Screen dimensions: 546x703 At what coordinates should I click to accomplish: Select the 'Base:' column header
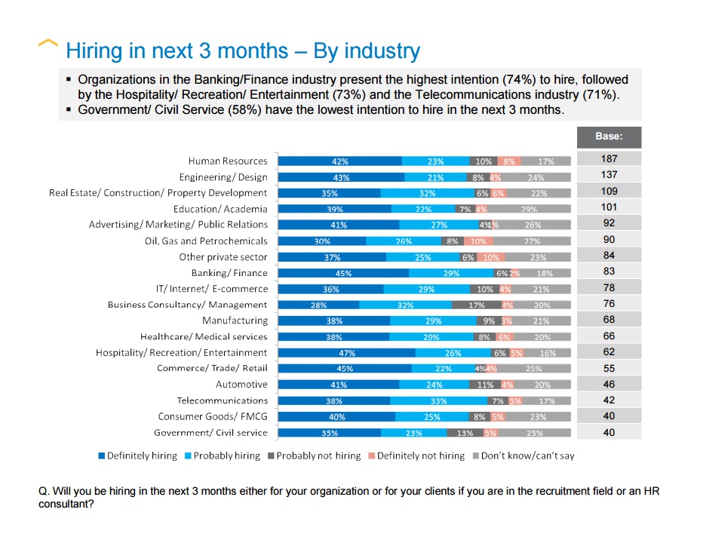[x=609, y=138]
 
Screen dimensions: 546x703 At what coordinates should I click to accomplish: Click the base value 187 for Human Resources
[x=609, y=159]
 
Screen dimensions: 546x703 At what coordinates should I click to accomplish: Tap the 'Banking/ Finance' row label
[x=229, y=273]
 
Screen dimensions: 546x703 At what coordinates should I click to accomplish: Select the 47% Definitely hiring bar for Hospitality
[x=346, y=353]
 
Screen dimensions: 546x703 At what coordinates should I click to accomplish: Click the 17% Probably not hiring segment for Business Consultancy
[x=476, y=305]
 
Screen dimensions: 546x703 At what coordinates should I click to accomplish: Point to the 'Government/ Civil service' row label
[x=210, y=433]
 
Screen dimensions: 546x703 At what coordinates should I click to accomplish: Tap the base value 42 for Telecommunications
[x=609, y=400]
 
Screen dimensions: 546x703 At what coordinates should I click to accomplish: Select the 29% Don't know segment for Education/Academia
[x=529, y=209]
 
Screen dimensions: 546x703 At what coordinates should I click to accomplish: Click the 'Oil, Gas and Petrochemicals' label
[x=206, y=241]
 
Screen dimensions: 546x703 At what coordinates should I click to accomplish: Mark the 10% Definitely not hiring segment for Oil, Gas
[x=477, y=241]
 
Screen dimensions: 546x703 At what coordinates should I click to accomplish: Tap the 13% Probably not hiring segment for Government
[x=465, y=434]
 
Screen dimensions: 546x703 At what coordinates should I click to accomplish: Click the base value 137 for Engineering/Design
[x=609, y=176]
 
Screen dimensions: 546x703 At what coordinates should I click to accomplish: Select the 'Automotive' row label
[x=241, y=385]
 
